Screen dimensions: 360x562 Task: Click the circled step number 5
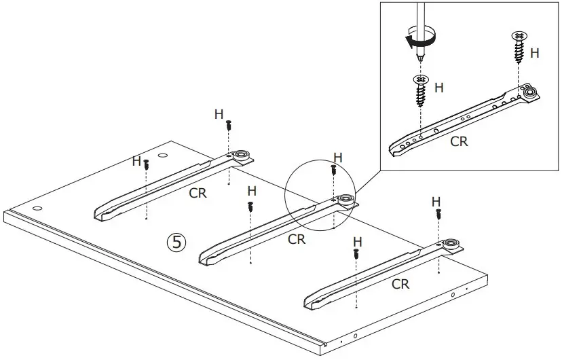pos(176,242)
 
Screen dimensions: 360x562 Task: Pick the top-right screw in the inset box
pos(519,42)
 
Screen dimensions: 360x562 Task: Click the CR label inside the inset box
pos(459,141)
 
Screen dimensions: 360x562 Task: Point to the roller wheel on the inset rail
pos(529,94)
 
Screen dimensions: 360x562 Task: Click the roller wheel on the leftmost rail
pos(240,156)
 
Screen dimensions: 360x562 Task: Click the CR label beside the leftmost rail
pos(198,193)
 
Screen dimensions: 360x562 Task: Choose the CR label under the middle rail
pos(297,239)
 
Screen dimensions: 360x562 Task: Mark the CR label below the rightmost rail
pos(400,284)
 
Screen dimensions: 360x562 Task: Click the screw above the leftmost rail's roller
pos(229,125)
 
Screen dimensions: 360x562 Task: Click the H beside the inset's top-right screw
pos(534,53)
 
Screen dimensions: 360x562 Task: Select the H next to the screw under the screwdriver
pos(438,88)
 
